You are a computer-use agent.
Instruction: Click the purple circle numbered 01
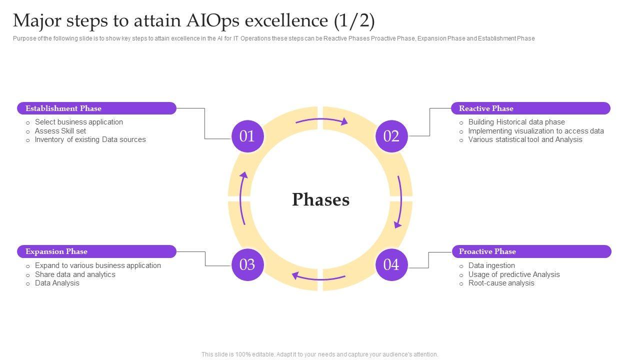(247, 136)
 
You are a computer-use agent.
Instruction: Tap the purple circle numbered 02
(391, 136)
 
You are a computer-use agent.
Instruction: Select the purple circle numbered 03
(247, 264)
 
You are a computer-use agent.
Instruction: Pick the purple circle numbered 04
(391, 264)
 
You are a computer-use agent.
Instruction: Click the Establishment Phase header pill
(96, 108)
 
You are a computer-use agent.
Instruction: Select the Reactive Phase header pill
(530, 108)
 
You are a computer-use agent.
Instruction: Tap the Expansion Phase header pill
(96, 251)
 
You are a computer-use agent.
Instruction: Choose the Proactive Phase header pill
(531, 251)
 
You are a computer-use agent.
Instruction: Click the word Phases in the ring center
(320, 199)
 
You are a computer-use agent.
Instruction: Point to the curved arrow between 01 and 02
(321, 120)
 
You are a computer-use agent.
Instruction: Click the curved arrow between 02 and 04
(399, 201)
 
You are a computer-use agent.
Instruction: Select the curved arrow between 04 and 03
(318, 277)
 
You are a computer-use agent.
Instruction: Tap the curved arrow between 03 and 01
(242, 198)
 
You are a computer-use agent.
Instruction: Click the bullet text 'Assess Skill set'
(60, 131)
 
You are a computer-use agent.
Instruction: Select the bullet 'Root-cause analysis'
(501, 283)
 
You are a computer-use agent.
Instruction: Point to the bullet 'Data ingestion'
(491, 265)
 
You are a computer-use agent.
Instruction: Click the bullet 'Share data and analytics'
(75, 274)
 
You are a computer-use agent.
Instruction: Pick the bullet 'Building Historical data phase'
(516, 122)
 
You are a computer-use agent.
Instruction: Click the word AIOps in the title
(212, 21)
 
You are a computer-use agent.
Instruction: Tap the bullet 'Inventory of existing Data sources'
(90, 139)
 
